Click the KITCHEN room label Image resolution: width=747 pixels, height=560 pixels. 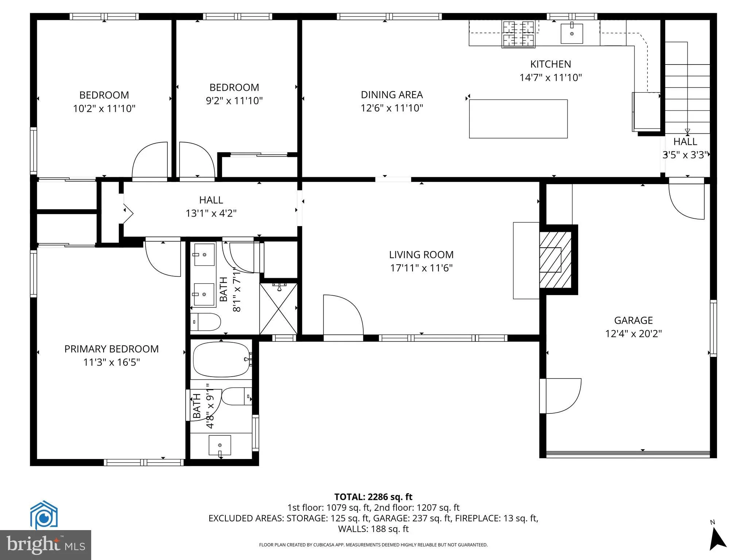[x=550, y=64]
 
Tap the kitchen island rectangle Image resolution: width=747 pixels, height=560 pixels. [x=518, y=119]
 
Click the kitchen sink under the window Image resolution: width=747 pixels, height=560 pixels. [x=572, y=34]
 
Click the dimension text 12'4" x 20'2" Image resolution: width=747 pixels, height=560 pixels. [x=633, y=334]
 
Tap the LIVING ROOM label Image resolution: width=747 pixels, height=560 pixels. [x=421, y=254]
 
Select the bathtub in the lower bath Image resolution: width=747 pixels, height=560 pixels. [x=221, y=359]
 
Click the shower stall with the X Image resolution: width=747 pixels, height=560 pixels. [x=278, y=309]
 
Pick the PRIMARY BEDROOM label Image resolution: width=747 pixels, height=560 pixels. [x=111, y=349]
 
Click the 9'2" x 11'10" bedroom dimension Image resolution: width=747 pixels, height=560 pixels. [x=234, y=101]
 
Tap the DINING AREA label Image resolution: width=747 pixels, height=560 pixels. [x=392, y=95]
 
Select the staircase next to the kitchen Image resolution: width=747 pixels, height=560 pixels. [x=687, y=87]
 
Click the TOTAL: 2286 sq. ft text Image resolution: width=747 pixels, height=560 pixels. [x=373, y=497]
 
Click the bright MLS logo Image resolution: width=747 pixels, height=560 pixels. [x=46, y=545]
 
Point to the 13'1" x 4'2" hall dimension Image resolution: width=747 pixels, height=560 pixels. [x=211, y=213]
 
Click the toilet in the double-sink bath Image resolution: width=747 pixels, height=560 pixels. [x=206, y=322]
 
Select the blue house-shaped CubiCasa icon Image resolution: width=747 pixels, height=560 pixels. [x=44, y=515]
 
